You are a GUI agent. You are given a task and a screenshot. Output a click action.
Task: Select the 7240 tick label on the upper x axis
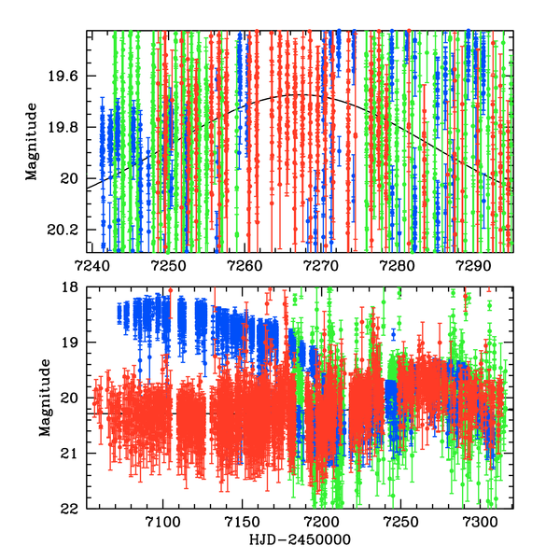coord(88,265)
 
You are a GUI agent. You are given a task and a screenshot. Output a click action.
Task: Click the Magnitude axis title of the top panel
coord(32,141)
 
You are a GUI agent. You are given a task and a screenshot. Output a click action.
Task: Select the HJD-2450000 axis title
coord(299,540)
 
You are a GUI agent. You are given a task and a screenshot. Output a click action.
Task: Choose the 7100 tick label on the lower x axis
coord(162,522)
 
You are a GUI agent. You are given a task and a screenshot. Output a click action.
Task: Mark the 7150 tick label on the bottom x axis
coord(242,522)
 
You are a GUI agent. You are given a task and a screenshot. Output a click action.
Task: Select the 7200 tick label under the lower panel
coord(321,522)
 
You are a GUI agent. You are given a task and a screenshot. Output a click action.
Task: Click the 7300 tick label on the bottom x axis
coord(480,522)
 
